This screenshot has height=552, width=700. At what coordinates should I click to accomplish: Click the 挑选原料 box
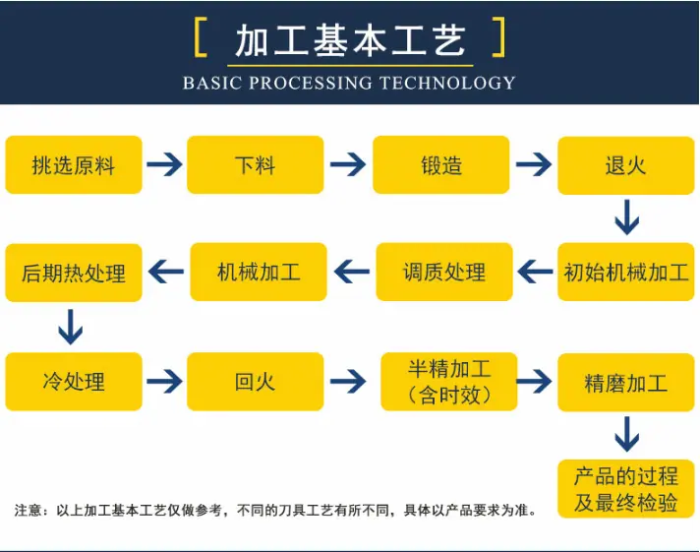pyautogui.click(x=74, y=165)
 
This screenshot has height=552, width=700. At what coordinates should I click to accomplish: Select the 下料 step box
pyautogui.click(x=256, y=165)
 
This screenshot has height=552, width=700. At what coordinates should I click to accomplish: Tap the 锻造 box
pyautogui.click(x=441, y=165)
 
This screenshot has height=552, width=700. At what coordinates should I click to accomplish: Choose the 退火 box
pyautogui.click(x=626, y=165)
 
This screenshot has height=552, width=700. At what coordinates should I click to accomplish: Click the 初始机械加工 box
pyautogui.click(x=626, y=272)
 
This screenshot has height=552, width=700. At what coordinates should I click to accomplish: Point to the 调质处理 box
pyautogui.click(x=444, y=272)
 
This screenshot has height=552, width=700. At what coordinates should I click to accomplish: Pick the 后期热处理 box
pyautogui.click(x=74, y=273)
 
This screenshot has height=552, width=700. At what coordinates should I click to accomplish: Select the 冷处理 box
pyautogui.click(x=74, y=382)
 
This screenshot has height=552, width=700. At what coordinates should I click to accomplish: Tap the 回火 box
pyautogui.click(x=256, y=382)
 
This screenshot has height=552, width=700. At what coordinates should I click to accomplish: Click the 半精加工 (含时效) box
pyautogui.click(x=449, y=382)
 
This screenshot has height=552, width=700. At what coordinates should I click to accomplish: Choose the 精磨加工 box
pyautogui.click(x=626, y=383)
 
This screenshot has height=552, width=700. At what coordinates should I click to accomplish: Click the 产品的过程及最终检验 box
pyautogui.click(x=626, y=489)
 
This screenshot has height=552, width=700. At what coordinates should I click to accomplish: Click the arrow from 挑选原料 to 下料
pyautogui.click(x=164, y=164)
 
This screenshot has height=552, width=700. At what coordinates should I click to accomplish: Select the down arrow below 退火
pyautogui.click(x=627, y=217)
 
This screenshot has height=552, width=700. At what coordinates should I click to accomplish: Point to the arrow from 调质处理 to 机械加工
pyautogui.click(x=352, y=272)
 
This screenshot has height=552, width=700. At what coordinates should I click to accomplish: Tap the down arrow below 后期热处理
pyautogui.click(x=71, y=327)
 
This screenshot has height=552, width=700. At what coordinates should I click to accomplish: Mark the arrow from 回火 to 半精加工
pyautogui.click(x=348, y=381)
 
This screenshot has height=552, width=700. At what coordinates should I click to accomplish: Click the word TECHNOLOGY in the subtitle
pyautogui.click(x=447, y=83)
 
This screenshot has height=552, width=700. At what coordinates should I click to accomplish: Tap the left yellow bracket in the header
pyautogui.click(x=201, y=37)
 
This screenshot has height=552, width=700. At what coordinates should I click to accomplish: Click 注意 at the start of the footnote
pyautogui.click(x=28, y=510)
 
